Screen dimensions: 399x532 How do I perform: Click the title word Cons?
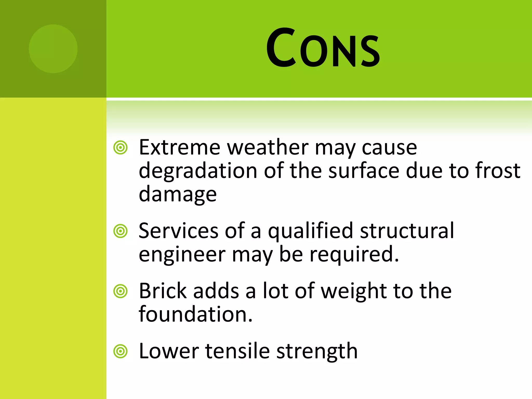pos(323,48)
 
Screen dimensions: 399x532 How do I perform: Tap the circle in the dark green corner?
pos(53,49)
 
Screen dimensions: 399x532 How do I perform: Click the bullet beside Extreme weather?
pos(121,148)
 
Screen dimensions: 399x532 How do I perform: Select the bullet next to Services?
pos(121,231)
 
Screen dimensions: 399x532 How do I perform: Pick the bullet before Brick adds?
pos(121,291)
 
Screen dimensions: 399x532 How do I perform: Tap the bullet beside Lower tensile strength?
pos(121,351)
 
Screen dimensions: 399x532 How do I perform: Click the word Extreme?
pos(179,147)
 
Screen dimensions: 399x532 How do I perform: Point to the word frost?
pos(498,171)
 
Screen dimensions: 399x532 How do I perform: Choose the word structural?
pos(407,230)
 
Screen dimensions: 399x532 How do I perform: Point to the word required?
pos(354,255)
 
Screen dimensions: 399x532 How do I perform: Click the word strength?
pos(317,352)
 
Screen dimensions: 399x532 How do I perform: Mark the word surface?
pos(364,171)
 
